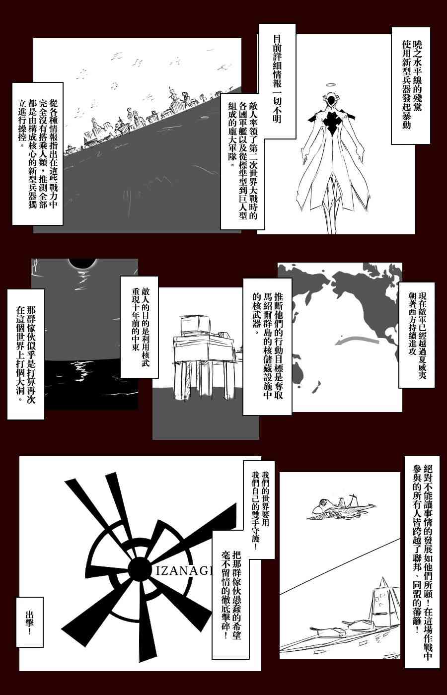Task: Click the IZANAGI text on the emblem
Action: [183, 570]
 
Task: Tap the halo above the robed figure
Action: [331, 85]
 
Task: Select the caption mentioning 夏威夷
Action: [417, 335]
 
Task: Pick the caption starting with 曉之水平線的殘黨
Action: [411, 85]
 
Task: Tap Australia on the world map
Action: [299, 372]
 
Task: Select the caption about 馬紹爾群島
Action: [267, 347]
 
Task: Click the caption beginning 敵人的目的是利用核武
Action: [140, 327]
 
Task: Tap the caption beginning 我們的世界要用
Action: [259, 510]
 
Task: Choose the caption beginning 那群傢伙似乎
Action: [26, 354]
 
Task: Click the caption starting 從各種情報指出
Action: [38, 153]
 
